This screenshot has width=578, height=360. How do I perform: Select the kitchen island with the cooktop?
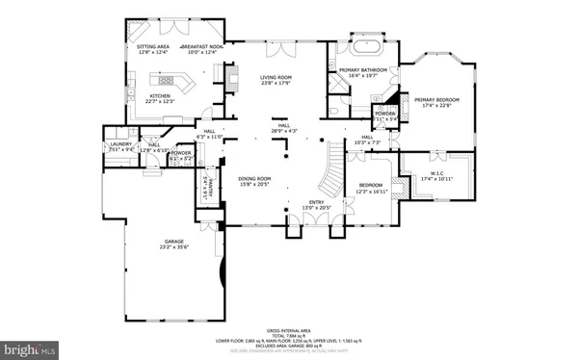(x=171, y=81)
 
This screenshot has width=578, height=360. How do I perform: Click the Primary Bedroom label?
(x=436, y=99)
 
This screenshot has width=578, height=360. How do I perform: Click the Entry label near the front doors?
(x=317, y=202)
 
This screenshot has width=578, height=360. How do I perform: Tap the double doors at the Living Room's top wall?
(x=277, y=44)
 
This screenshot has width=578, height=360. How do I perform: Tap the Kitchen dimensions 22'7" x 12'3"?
(x=160, y=101)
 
